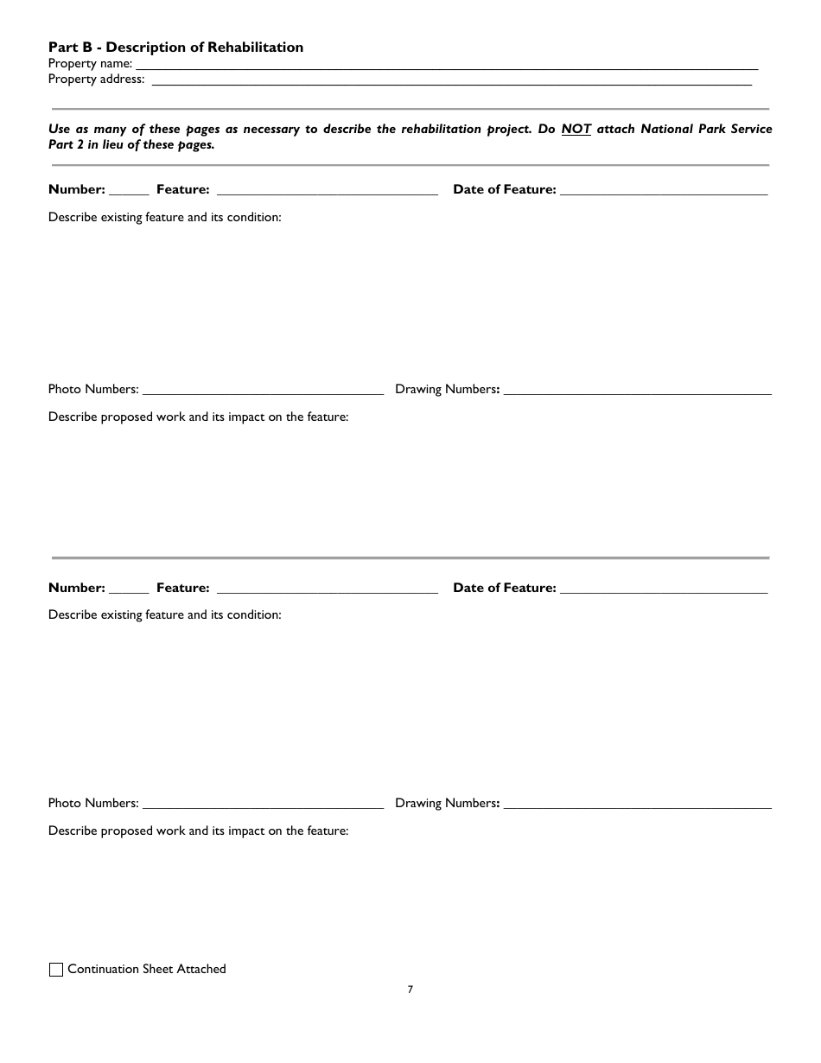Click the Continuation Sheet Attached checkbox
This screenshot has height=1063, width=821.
coord(56,970)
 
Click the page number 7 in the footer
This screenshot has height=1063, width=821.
coord(410,990)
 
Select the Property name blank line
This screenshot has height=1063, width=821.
coord(447,64)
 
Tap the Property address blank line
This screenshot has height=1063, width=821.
coord(451,80)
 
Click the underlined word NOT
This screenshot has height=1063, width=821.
coord(576,129)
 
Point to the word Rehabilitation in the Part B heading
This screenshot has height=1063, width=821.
coord(256,48)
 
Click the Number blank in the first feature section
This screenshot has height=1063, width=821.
coord(129,190)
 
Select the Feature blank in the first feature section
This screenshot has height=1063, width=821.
coord(327,190)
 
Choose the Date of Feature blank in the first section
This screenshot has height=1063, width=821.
coord(664,190)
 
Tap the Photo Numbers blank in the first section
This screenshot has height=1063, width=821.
coord(263,390)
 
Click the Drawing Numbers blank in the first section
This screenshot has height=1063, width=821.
coord(637,390)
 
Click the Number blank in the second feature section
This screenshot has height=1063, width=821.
coord(129,589)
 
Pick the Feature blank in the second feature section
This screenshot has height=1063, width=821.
coord(327,589)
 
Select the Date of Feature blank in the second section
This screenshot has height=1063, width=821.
coord(664,589)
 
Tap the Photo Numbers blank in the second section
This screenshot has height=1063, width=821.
coord(263,804)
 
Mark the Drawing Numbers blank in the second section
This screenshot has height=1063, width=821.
coord(637,804)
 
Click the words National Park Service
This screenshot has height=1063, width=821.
coord(706,129)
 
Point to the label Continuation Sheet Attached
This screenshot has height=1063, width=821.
coord(147,970)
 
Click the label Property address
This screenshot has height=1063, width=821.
coord(96,80)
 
